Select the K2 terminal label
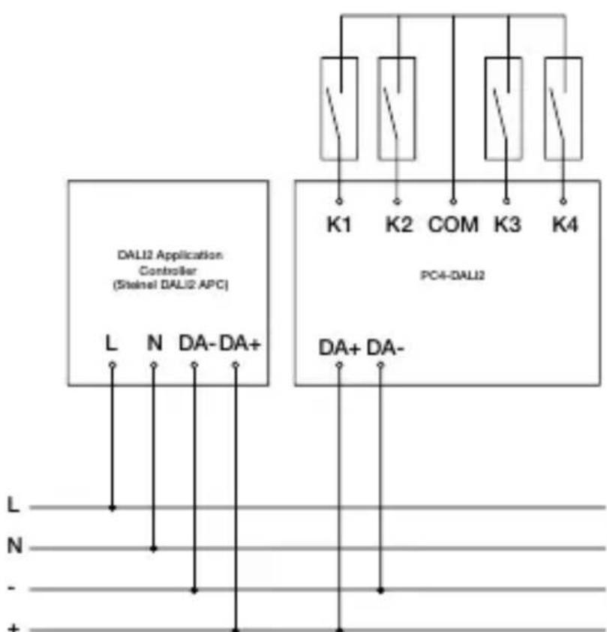click(398, 225)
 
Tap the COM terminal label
click(452, 225)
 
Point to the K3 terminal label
click(507, 225)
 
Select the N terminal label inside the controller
click(154, 343)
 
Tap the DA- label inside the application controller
click(197, 343)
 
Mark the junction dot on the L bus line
click(113, 507)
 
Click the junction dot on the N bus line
click(154, 549)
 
